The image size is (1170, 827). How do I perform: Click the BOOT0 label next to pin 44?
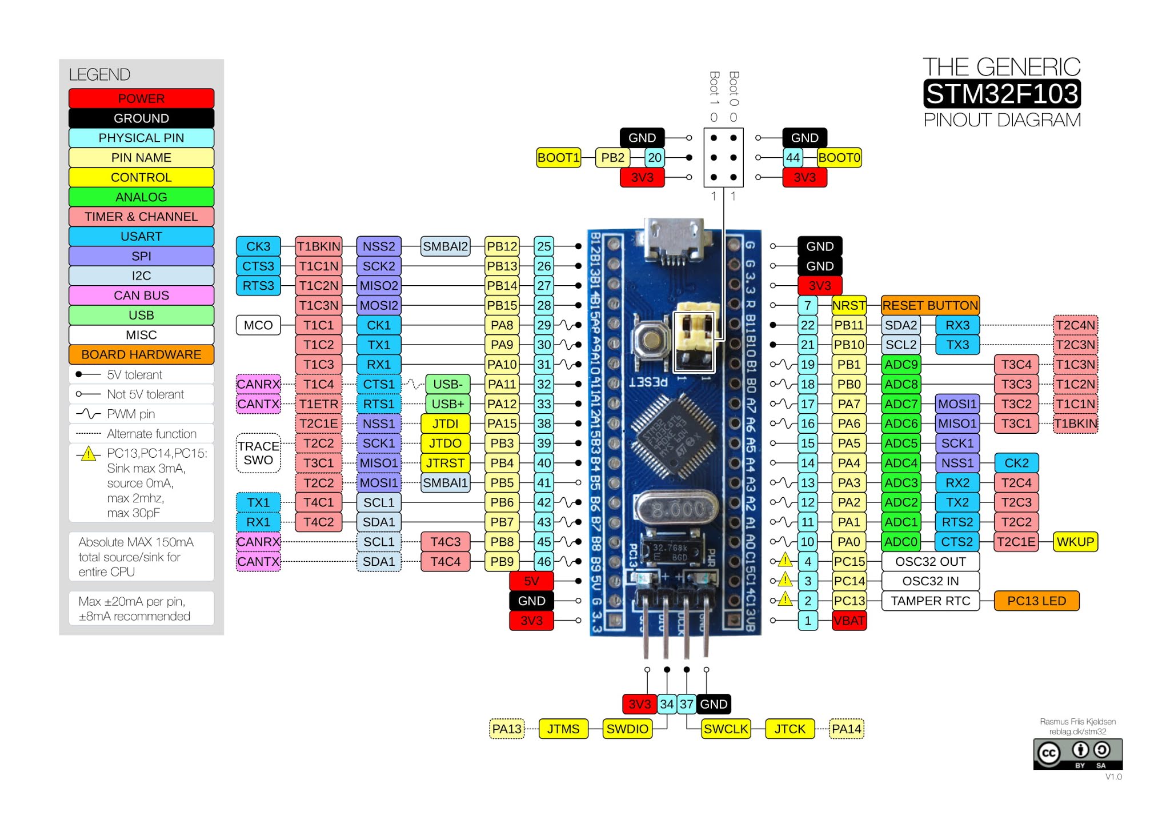tap(839, 158)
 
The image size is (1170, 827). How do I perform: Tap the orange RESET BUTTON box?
tap(930, 306)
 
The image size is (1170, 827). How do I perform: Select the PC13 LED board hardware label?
tap(1036, 601)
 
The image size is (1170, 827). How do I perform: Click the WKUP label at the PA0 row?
tap(1075, 542)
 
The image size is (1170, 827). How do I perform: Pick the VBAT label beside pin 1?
tap(849, 621)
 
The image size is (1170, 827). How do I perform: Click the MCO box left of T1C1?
tap(258, 325)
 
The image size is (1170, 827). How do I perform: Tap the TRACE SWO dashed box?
tap(258, 453)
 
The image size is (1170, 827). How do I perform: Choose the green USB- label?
tap(447, 384)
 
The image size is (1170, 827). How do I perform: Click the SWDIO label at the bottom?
tap(627, 729)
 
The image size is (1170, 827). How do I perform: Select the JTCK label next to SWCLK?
tap(790, 729)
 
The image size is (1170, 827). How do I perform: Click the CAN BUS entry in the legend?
tap(141, 295)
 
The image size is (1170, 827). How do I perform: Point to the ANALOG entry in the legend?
tap(141, 197)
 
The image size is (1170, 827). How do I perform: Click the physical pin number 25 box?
tap(544, 246)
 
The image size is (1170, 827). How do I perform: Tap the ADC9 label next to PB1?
tap(901, 365)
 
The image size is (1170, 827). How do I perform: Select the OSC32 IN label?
tap(930, 581)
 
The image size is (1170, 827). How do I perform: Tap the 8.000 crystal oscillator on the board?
tap(678, 509)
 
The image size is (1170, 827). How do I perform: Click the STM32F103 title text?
tap(1001, 94)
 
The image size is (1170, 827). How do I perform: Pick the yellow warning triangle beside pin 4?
tap(786, 561)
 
